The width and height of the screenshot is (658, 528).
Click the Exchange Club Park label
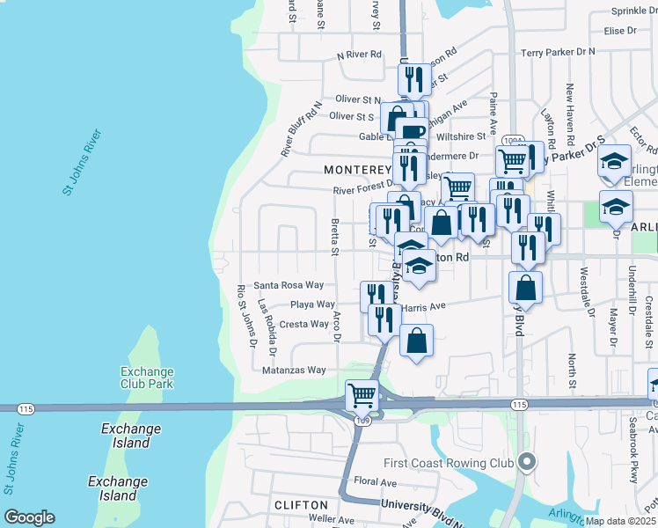(147, 377)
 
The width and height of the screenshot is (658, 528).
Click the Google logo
(29, 517)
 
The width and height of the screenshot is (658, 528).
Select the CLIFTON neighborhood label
(301, 505)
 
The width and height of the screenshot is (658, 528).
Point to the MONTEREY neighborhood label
(355, 169)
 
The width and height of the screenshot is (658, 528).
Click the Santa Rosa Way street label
(289, 285)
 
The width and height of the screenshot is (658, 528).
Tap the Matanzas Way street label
(294, 370)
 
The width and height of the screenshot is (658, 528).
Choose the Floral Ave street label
(376, 481)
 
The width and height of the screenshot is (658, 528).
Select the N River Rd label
(360, 55)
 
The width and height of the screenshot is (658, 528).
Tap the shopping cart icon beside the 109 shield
(362, 396)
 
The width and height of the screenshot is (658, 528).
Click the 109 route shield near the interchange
(362, 421)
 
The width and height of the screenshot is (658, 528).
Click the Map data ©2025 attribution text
(619, 521)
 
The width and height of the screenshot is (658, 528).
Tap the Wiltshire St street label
(462, 136)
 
